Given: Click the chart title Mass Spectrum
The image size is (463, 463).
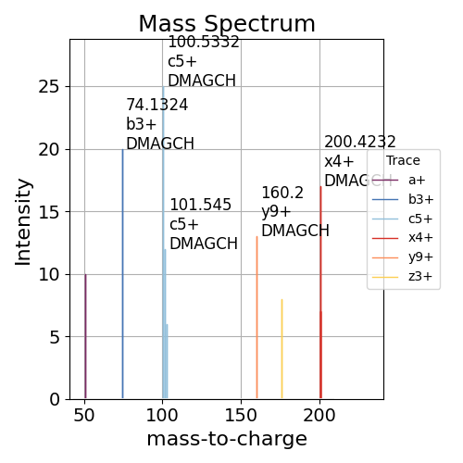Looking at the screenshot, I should point(227,24).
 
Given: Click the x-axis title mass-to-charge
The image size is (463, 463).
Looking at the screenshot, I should point(227,439).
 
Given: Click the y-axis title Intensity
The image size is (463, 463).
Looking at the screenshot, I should point(24,220).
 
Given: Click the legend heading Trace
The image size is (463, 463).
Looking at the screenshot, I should point(403,160).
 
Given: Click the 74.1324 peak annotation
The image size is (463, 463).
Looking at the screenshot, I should point(156,105).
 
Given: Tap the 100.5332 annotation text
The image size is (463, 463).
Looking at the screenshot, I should point(203,42).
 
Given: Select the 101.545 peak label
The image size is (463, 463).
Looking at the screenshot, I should point(200,205).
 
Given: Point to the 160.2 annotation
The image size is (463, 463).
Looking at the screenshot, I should point(282,193).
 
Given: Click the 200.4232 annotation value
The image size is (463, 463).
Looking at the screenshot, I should point(359,142).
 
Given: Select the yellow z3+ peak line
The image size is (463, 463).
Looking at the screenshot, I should point(282,352).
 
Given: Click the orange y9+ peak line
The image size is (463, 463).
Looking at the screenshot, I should point(257,319).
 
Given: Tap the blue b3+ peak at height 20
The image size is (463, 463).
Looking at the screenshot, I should point(122,278).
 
